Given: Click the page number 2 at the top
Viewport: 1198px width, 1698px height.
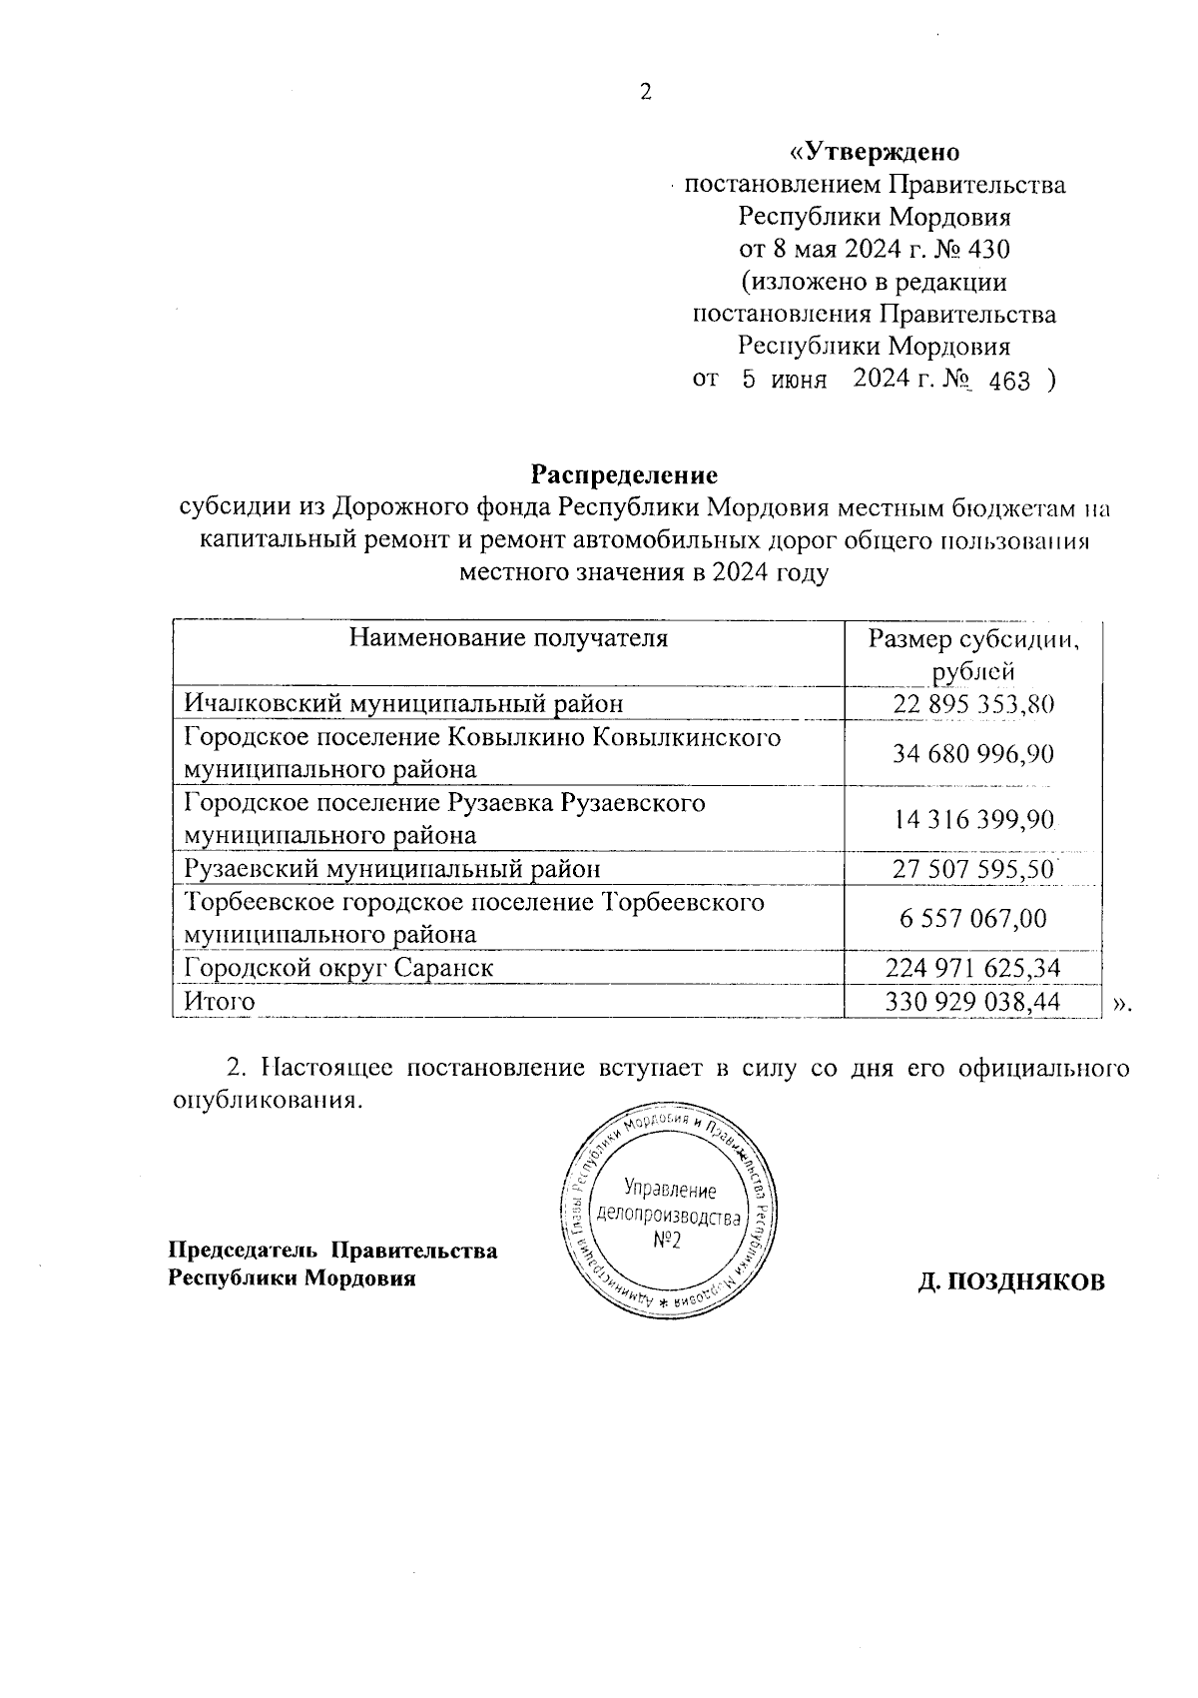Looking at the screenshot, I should (x=645, y=93).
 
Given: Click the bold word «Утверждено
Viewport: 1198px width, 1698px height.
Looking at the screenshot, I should (x=874, y=152).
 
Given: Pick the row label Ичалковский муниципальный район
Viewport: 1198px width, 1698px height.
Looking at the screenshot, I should (x=404, y=703).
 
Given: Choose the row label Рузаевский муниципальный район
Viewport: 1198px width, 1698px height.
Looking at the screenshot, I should (x=393, y=868).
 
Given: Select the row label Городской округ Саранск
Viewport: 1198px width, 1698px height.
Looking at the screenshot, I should (x=339, y=967).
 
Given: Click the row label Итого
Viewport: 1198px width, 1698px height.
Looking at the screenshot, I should (x=219, y=1001).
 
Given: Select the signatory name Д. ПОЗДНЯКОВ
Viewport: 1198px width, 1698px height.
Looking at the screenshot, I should (x=1011, y=1282).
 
